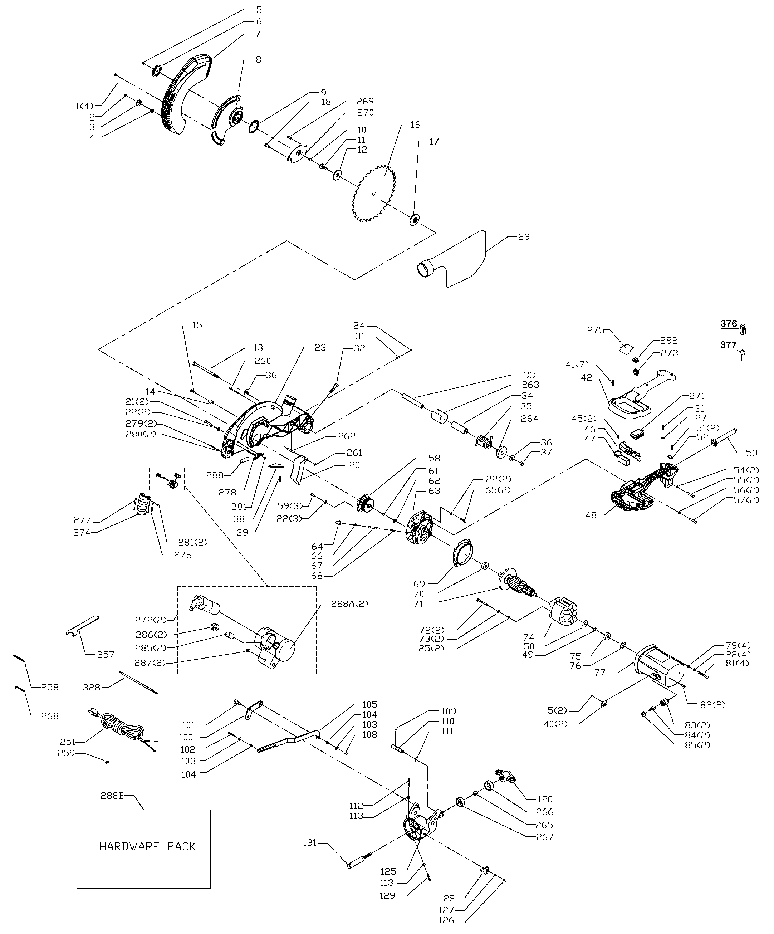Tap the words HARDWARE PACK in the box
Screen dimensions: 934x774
(147, 846)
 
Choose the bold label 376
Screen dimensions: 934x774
(729, 324)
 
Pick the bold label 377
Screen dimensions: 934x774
(729, 345)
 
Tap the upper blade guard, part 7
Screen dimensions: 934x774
(187, 96)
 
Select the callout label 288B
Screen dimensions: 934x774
(111, 796)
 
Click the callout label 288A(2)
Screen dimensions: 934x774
(350, 604)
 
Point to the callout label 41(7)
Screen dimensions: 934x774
(577, 365)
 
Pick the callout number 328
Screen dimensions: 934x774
(92, 687)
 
